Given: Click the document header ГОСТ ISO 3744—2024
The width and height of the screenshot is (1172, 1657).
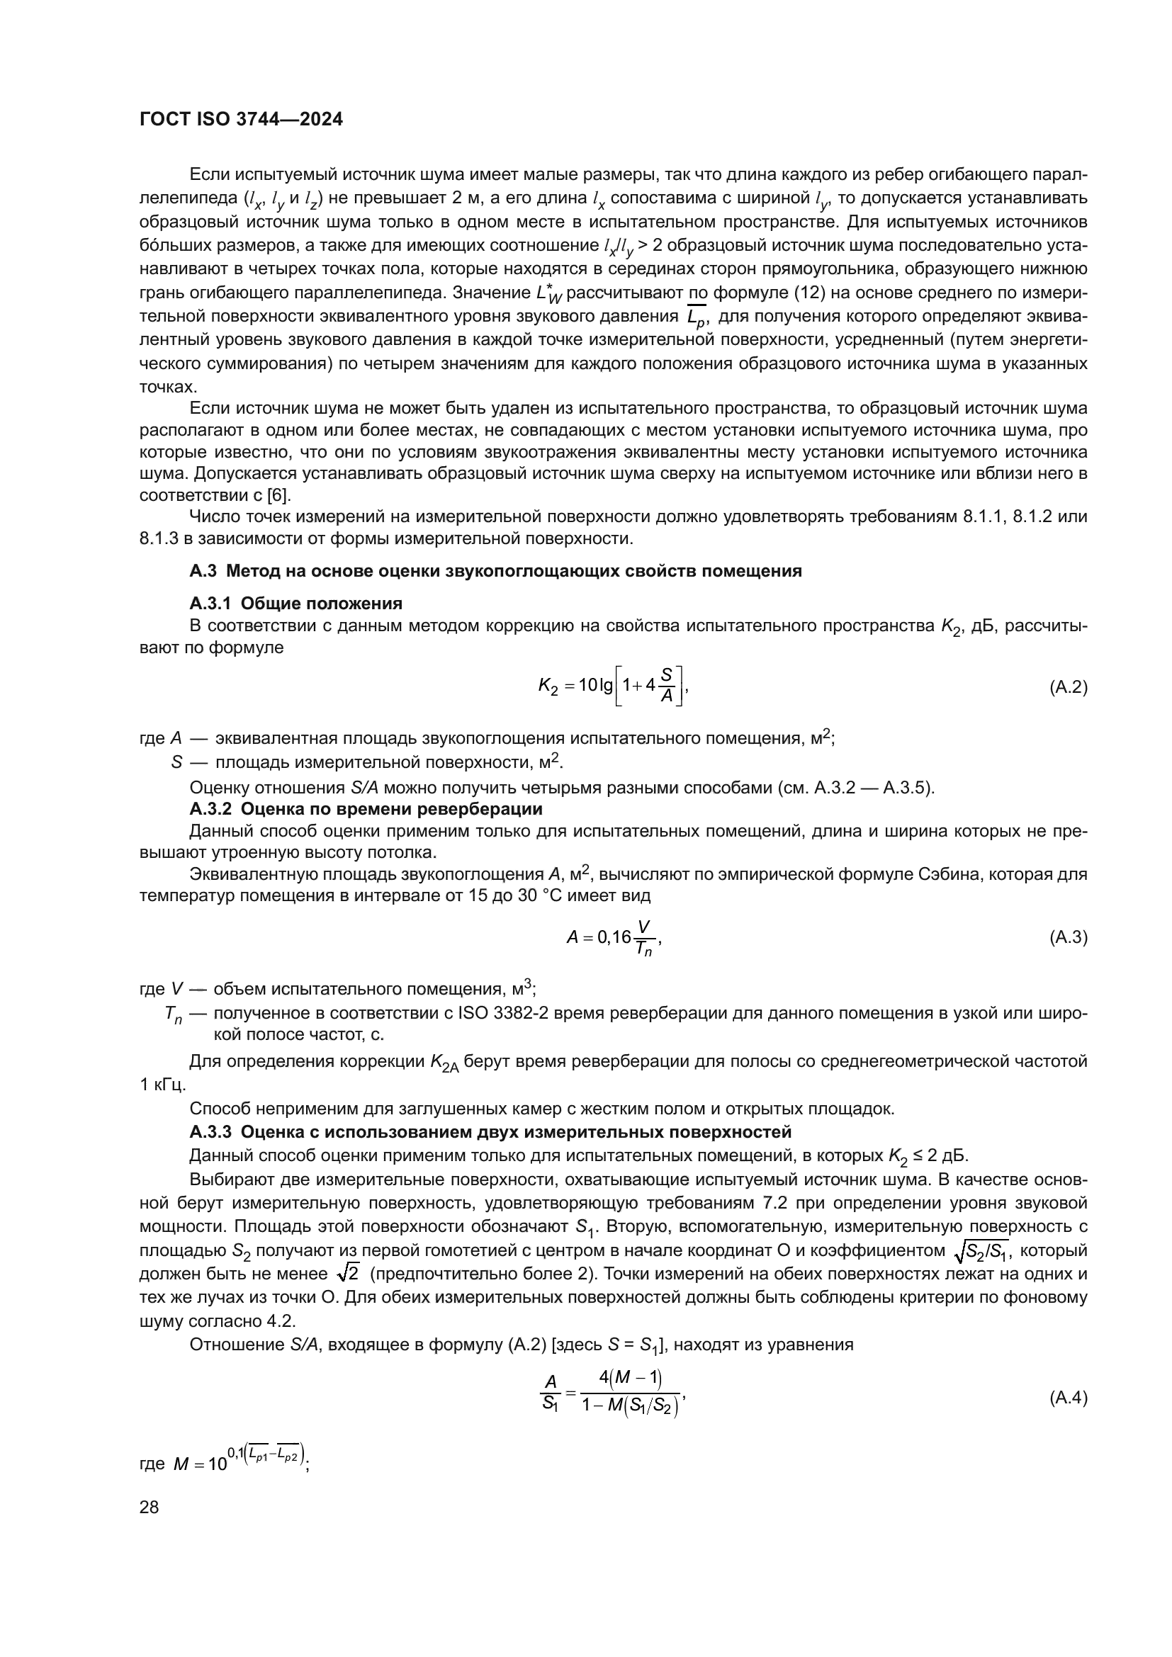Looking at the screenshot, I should (241, 120).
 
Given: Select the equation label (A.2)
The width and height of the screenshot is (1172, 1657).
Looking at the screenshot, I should (1068, 687).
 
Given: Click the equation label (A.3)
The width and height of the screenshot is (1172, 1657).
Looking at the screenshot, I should (1068, 937).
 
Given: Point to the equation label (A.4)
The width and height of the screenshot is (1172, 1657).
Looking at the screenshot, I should (1068, 1398).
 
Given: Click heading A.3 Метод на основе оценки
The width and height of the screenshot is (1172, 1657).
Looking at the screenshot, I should (495, 571).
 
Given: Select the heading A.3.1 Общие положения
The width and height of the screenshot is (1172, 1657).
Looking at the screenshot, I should (296, 603).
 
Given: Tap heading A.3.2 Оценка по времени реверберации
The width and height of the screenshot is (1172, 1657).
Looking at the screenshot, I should (366, 808).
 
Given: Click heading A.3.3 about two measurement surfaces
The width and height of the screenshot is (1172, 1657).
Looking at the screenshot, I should (490, 1131).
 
